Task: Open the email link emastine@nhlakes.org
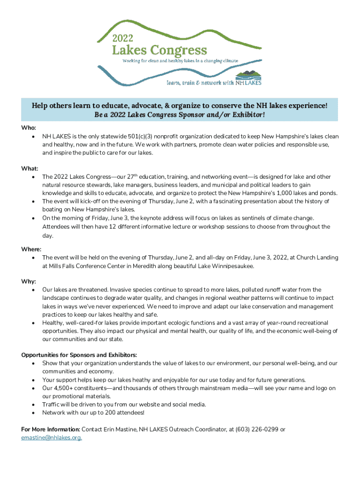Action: tap(51, 438)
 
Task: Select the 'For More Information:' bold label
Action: tap(51, 429)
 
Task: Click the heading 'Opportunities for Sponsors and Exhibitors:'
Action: tap(79, 355)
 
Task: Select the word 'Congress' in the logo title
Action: tap(179, 50)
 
